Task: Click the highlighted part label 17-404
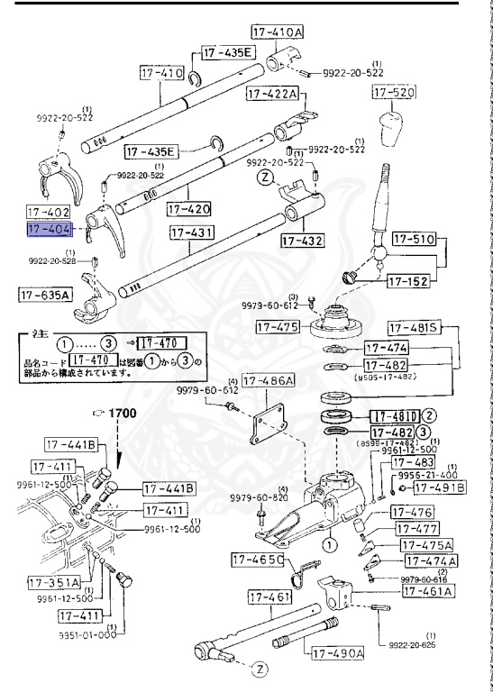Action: coord(49,231)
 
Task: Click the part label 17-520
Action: coord(395,93)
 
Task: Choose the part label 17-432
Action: coord(301,241)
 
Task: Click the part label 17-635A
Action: coord(47,294)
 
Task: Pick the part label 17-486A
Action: coord(273,383)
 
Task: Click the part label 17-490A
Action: coord(336,652)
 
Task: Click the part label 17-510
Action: coord(413,241)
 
